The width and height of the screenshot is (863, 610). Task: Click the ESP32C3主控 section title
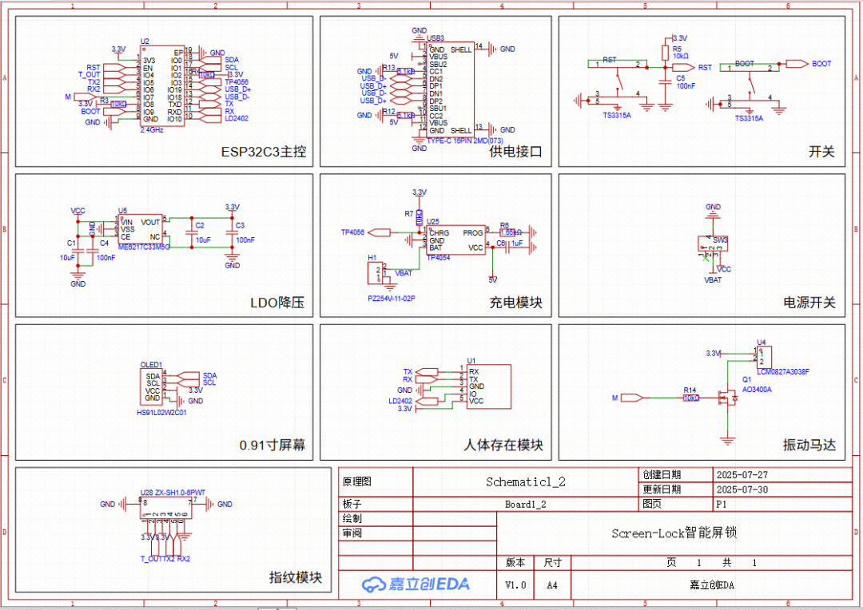263,152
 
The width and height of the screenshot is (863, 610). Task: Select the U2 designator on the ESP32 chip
145,41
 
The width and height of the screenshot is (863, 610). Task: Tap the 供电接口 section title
515,152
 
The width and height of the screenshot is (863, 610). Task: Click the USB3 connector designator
435,38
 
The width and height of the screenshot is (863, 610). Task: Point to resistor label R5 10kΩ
680,53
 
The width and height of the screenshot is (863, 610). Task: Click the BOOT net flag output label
821,64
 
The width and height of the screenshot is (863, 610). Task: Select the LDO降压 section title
277,303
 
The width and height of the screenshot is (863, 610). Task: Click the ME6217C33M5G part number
144,248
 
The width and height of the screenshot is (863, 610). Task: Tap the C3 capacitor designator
240,225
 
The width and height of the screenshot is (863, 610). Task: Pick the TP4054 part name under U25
438,258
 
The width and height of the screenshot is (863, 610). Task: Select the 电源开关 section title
809,303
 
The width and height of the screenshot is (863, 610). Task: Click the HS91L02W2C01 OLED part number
161,413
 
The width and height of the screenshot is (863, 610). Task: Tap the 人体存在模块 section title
503,445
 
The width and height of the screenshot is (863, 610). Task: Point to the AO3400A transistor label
758,390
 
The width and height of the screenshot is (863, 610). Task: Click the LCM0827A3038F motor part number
783,371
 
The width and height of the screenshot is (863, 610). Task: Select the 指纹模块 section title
296,577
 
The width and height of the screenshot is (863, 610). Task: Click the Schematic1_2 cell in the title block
526,482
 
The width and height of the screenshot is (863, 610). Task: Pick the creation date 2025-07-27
742,475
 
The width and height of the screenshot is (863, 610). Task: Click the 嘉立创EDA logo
416,584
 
